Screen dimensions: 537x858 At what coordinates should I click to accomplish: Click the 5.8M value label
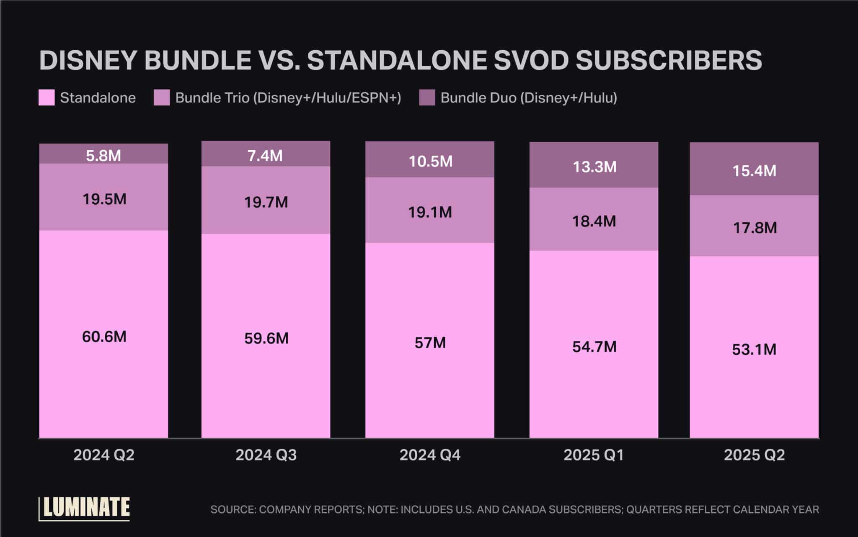pyautogui.click(x=103, y=156)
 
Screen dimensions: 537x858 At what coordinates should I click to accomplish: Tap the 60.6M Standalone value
pyautogui.click(x=104, y=337)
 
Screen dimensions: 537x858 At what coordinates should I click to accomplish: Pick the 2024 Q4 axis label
pyautogui.click(x=430, y=455)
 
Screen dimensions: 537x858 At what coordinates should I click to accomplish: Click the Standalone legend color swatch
pyautogui.click(x=47, y=98)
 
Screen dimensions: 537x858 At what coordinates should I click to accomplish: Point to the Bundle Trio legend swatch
pyautogui.click(x=162, y=98)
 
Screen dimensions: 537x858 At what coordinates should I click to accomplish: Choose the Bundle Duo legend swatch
pyautogui.click(x=427, y=98)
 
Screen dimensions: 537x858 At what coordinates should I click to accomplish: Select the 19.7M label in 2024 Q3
pyautogui.click(x=266, y=203)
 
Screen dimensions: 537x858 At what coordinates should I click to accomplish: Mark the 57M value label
pyautogui.click(x=430, y=343)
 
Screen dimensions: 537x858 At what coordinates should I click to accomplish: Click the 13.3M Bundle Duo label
pyautogui.click(x=594, y=167)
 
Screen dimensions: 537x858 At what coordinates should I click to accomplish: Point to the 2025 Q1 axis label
pyautogui.click(x=594, y=455)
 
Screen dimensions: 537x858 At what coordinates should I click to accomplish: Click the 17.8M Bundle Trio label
pyautogui.click(x=755, y=228)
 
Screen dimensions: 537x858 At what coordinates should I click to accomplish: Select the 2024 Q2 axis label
pyautogui.click(x=104, y=455)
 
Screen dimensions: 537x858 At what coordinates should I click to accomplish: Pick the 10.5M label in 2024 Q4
pyautogui.click(x=430, y=162)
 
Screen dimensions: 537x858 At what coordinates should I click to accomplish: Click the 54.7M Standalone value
pyautogui.click(x=594, y=347)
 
